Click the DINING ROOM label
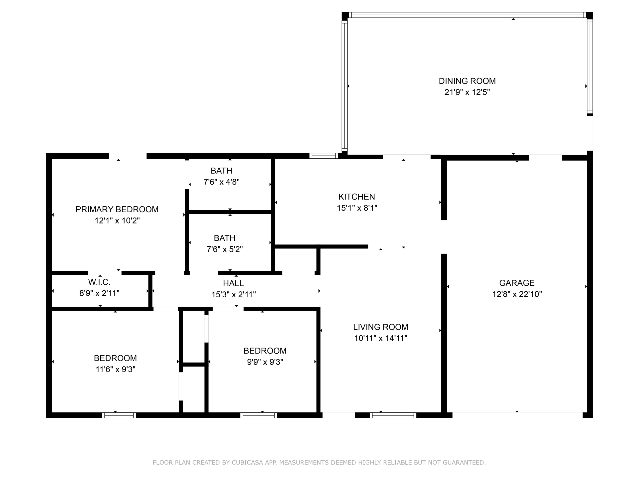pos(467,81)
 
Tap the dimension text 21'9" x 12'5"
pos(467,92)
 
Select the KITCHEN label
pos(357,197)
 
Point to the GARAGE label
pos(517,283)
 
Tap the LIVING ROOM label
pos(381,327)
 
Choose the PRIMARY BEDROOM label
pos(117,210)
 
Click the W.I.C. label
pos(99,282)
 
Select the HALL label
pos(233,283)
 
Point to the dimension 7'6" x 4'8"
pos(222,182)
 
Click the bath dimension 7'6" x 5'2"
pos(225,249)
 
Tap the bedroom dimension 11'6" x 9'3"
pos(116,369)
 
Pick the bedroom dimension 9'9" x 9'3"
pos(265,362)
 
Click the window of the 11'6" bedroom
pos(119,415)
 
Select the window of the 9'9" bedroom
pos(259,415)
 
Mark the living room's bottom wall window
pos(393,415)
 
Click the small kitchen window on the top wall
pos(323,156)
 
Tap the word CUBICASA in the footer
pos(247,463)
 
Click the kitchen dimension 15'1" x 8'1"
pos(357,208)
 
